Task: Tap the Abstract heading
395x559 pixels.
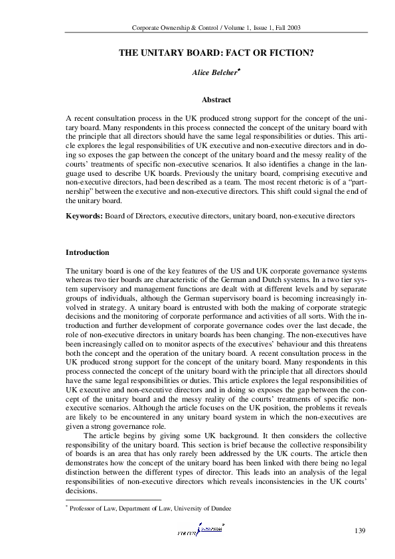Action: tap(216, 100)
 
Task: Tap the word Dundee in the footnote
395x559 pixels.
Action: tap(218, 508)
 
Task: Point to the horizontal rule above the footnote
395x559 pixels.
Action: tap(113, 499)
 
